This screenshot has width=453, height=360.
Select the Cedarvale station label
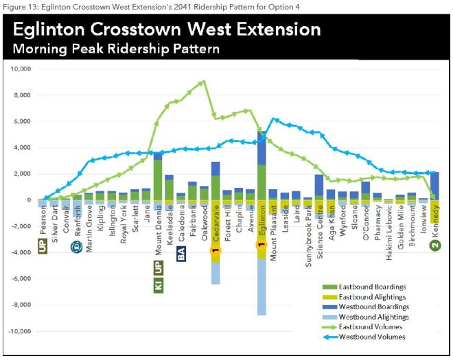pyautogui.click(x=215, y=223)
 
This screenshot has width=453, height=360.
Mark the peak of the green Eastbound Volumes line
pyautogui.click(x=203, y=82)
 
